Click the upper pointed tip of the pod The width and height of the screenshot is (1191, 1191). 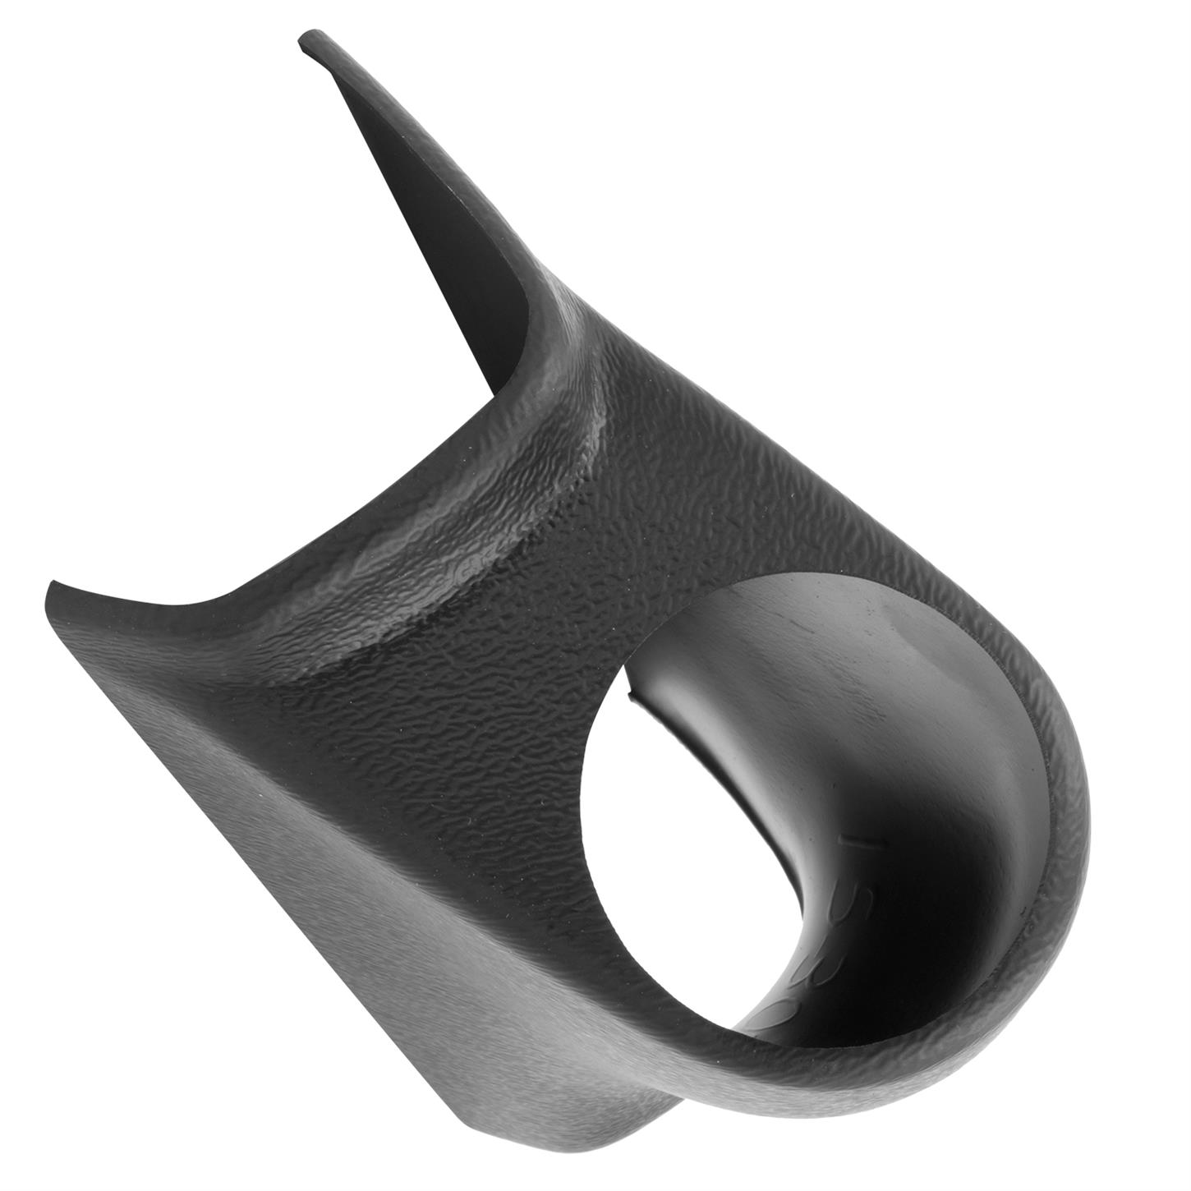(x=306, y=39)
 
